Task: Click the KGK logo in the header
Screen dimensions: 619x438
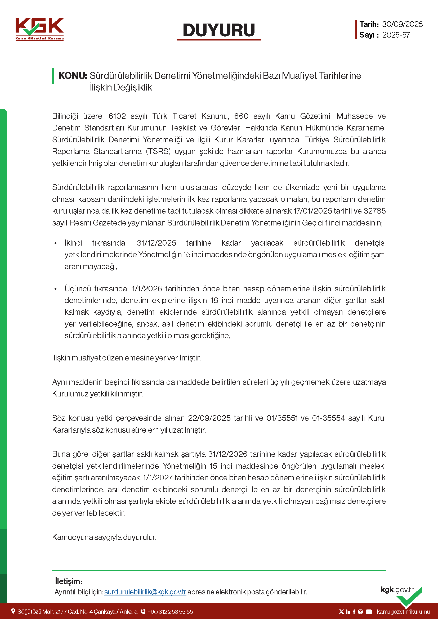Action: [39, 29]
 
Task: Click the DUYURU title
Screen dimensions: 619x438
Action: [219, 30]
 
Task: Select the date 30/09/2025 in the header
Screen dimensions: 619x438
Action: [402, 24]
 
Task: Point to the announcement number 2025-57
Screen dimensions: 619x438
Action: [396, 35]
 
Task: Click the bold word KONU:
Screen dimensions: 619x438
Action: [73, 76]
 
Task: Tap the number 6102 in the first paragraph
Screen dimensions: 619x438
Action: [117, 116]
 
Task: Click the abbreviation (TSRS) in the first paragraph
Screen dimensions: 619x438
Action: [158, 151]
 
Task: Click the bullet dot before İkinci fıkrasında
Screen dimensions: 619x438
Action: [56, 243]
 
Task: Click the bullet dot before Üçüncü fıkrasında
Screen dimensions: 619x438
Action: [56, 289]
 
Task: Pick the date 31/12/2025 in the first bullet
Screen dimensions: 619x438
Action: [157, 243]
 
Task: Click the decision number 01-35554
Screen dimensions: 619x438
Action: [328, 418]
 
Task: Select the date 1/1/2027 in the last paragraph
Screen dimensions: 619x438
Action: [158, 477]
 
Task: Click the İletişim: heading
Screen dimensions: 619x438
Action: [69, 581]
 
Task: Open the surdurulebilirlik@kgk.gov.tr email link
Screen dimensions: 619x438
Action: [145, 592]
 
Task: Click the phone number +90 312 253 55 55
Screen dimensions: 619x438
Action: [170, 612]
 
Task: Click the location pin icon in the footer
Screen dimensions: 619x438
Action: [13, 611]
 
